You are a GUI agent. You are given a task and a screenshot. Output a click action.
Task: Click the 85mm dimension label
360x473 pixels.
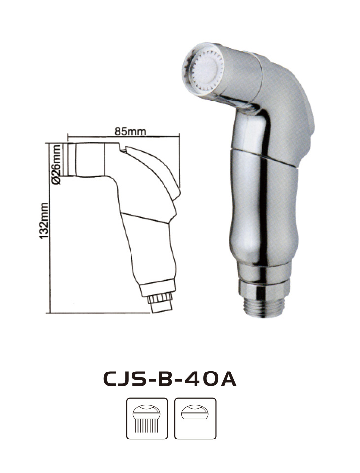(x=130, y=132)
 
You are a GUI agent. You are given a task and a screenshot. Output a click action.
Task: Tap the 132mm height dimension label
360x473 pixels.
(x=44, y=221)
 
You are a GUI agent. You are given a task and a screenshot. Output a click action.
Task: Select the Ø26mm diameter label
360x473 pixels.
(x=56, y=165)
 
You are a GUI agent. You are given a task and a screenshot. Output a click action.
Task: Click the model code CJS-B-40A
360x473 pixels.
(x=170, y=379)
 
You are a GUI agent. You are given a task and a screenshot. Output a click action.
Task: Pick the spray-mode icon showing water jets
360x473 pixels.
(x=147, y=418)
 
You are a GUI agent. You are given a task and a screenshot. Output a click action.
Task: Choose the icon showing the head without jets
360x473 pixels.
(x=196, y=418)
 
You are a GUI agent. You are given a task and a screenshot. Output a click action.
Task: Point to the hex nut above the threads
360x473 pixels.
(x=263, y=289)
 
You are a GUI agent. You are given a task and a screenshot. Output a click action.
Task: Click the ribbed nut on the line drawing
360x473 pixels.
(x=160, y=298)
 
